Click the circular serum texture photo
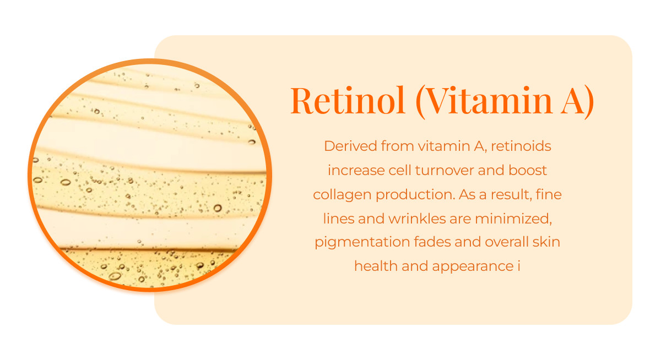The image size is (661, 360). tap(150, 174)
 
